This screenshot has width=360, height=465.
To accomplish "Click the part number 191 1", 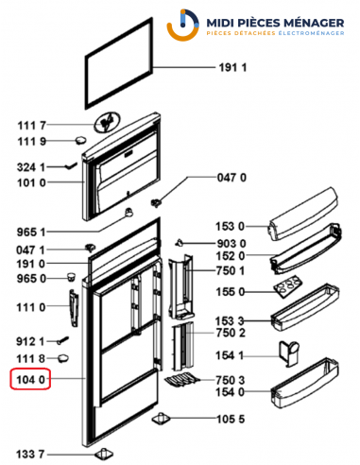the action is (x=232, y=67).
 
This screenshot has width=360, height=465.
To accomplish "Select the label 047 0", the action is (x=231, y=178).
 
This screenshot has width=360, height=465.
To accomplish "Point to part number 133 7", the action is (x=30, y=455).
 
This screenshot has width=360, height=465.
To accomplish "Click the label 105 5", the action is (x=231, y=419).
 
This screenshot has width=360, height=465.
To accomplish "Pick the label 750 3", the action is (x=231, y=380).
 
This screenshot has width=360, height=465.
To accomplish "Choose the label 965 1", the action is (x=31, y=232).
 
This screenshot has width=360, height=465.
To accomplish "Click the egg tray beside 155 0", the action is (x=287, y=287).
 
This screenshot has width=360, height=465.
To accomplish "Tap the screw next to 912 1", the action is (x=62, y=340).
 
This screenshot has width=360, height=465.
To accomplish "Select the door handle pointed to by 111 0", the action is (x=74, y=308).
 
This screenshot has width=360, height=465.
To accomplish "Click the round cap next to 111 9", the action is (x=81, y=140).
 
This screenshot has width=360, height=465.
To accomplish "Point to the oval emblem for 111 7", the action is (x=107, y=123).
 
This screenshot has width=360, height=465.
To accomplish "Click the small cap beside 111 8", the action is (x=63, y=358).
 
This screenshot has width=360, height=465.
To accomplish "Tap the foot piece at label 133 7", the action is (x=104, y=454).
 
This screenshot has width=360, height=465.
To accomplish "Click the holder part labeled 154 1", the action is (x=289, y=353).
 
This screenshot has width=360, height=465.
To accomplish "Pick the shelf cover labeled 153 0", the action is (x=302, y=215).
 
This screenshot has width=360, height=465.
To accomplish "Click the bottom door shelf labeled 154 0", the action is (x=304, y=383).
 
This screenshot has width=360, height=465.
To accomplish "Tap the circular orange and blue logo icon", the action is (x=182, y=26).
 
